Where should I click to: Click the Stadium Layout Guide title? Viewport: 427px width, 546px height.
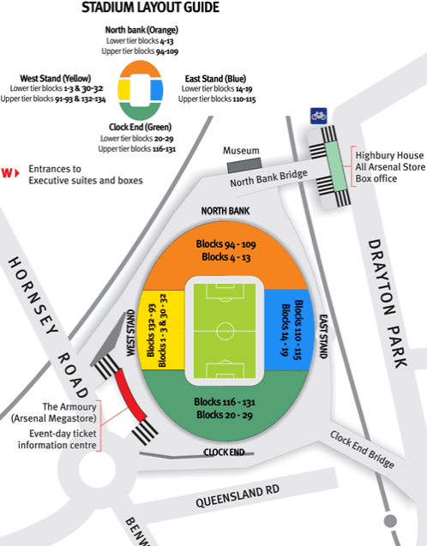coord(149,9)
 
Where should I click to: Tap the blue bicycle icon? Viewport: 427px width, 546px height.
coord(319,114)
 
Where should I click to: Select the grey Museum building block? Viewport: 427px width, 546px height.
coord(243,162)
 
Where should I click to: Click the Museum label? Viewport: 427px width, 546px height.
coord(241,150)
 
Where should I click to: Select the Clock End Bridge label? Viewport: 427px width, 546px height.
coord(362,448)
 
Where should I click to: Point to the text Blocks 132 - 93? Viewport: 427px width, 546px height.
coord(151,329)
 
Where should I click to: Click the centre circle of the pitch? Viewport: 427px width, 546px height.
coord(226,330)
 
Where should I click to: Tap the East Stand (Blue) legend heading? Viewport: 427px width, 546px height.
coord(218,80)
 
